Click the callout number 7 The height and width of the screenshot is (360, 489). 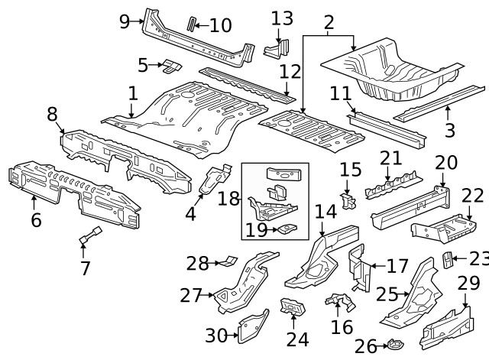85,268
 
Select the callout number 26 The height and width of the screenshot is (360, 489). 366,347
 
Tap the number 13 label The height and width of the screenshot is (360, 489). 282,18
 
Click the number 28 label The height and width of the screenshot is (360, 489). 198,264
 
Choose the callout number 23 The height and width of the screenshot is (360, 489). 478,258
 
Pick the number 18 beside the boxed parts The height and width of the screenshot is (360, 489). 229,199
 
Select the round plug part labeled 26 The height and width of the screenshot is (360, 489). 393,345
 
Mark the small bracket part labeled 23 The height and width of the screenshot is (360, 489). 449,260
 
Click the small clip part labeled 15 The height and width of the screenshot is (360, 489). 349,200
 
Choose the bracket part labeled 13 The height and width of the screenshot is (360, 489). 274,49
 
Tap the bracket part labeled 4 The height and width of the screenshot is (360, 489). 214,180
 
